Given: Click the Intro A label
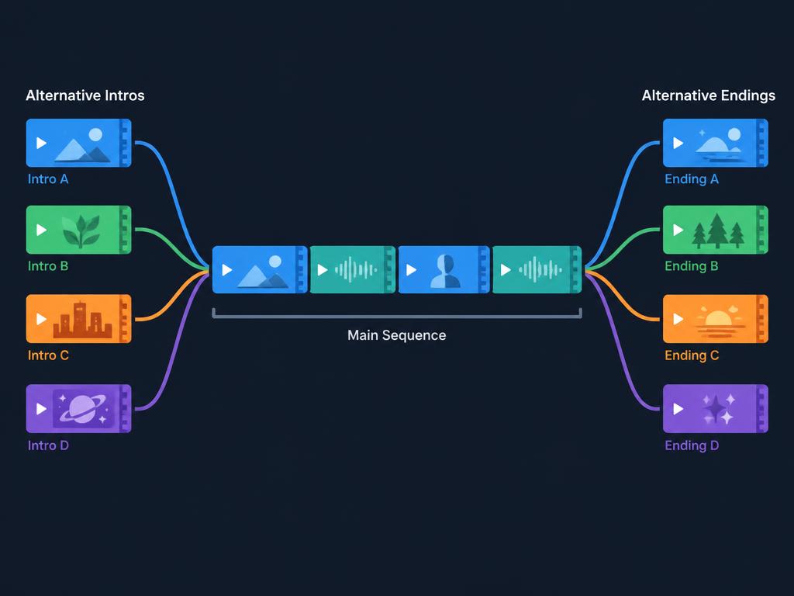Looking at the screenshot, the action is coord(48,179).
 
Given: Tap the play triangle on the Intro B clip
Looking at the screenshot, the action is coord(42,230).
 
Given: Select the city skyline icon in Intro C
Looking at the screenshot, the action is coord(82,320).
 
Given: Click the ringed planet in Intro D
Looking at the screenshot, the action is coord(83,408).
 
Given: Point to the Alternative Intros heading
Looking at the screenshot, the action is coord(85,95).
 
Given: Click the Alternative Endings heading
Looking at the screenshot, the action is coord(709,95).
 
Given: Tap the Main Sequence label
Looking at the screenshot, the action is coord(396,335).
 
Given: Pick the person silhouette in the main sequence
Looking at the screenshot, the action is coord(446,271).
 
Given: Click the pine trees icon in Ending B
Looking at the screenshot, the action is coord(718,231).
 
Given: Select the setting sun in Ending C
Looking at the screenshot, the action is coord(718,319).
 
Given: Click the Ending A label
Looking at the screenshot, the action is coord(692,179).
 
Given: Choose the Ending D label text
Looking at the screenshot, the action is coord(692,445).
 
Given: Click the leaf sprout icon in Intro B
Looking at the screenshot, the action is coord(81,231).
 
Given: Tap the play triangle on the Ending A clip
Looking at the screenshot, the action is coord(678,144).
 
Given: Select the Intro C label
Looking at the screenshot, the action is coord(48,355).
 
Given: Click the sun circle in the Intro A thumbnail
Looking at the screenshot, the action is coord(95,135).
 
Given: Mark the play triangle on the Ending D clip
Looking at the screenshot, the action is coord(678,409).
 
